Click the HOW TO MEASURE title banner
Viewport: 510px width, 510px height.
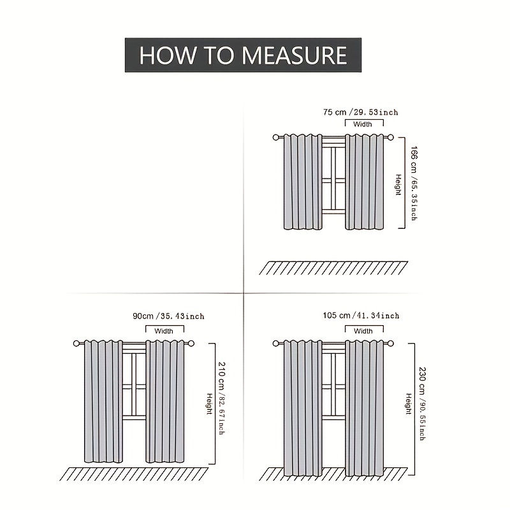click(243, 55)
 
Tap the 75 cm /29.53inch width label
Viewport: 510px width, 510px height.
click(360, 112)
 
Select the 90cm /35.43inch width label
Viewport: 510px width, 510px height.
click(168, 316)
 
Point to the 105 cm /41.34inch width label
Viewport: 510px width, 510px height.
click(361, 315)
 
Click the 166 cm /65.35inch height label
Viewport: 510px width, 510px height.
click(414, 183)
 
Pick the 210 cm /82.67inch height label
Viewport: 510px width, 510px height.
click(221, 398)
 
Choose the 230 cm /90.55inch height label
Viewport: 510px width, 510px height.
click(422, 404)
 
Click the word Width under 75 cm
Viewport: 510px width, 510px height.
click(362, 124)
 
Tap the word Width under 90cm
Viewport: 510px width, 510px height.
click(164, 331)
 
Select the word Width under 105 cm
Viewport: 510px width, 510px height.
click(363, 331)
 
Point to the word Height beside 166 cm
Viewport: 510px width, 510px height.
click(398, 185)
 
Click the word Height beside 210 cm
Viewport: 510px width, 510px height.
click(210, 404)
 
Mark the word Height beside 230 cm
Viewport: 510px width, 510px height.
click(409, 404)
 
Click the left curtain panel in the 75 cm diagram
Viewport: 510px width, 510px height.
click(303, 182)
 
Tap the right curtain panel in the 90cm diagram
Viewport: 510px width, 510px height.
click(164, 402)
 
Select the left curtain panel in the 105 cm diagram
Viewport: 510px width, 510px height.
click(303, 408)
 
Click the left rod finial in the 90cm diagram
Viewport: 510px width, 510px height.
click(76, 343)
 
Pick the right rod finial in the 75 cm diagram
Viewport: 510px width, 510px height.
click(390, 137)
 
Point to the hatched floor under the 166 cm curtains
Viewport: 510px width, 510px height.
click(333, 268)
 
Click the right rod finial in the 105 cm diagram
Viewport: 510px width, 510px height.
click(390, 343)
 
